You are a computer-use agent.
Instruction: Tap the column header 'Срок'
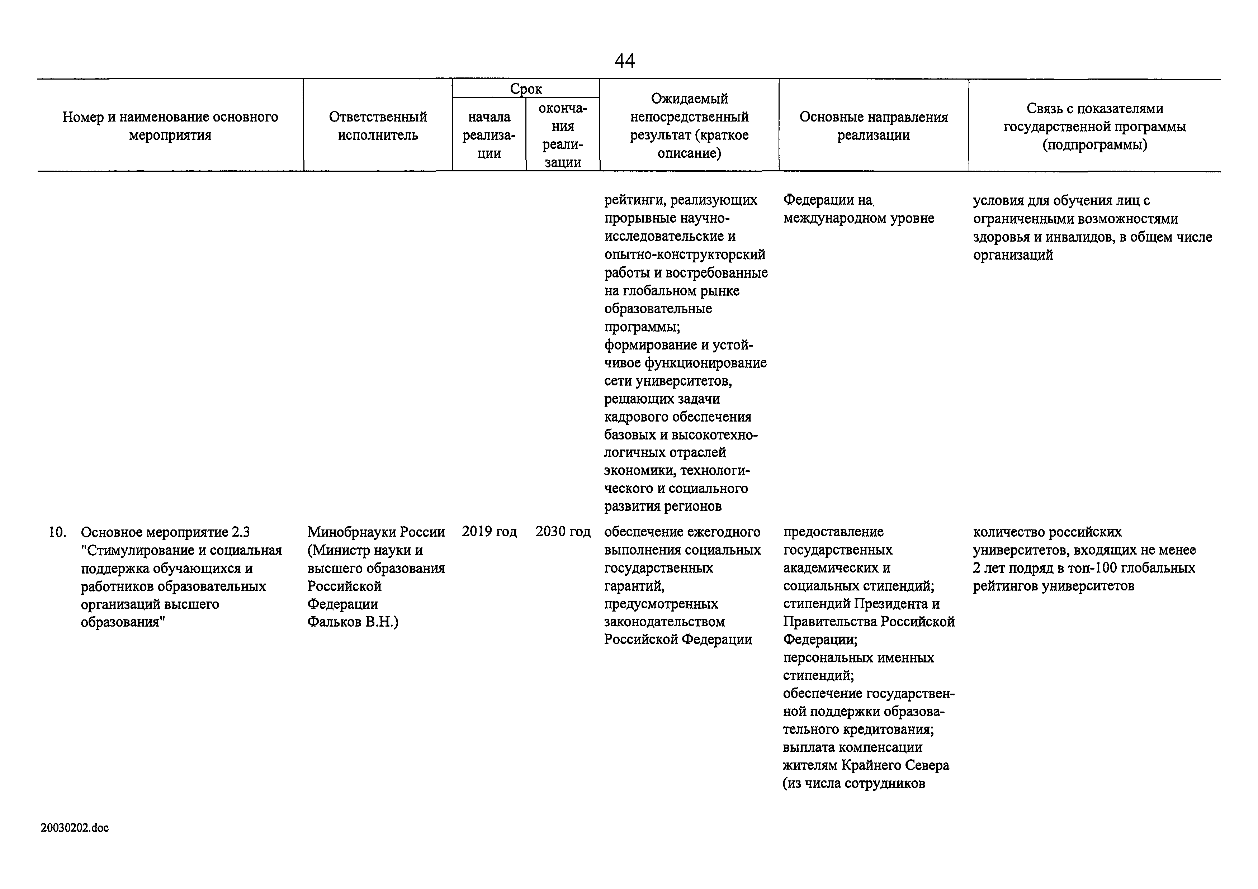(526, 89)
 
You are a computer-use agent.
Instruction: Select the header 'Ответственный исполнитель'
(378, 126)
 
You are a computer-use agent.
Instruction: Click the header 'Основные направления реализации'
(873, 126)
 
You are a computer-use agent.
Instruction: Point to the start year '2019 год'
(489, 532)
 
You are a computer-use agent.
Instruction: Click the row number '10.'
(57, 532)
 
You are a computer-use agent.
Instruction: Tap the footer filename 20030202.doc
(75, 828)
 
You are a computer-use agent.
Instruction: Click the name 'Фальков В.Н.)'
(353, 622)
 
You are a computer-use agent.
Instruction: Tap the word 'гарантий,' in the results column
(634, 586)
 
